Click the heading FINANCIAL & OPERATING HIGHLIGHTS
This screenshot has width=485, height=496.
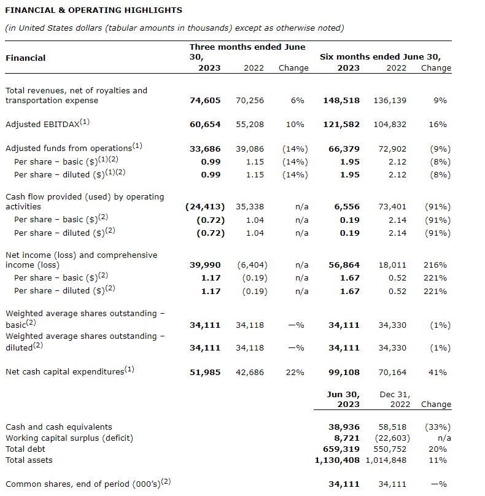click(93, 10)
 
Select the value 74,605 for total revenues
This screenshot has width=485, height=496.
click(205, 101)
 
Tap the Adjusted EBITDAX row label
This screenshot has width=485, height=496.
click(47, 124)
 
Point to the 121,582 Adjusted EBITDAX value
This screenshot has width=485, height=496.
click(341, 125)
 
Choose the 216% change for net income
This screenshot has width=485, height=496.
click(435, 265)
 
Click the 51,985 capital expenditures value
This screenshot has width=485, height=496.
click(205, 372)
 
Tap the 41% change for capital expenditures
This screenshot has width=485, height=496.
click(440, 372)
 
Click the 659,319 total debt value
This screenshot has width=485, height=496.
click(343, 449)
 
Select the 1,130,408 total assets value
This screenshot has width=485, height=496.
click(337, 460)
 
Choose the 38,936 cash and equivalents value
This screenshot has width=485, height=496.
click(344, 427)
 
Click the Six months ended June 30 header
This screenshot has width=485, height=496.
click(380, 56)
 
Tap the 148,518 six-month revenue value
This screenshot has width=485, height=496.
click(341, 101)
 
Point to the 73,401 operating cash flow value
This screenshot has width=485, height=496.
click(390, 207)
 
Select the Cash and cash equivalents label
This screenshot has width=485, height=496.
click(59, 427)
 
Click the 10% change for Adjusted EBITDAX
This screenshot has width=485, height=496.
click(295, 125)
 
